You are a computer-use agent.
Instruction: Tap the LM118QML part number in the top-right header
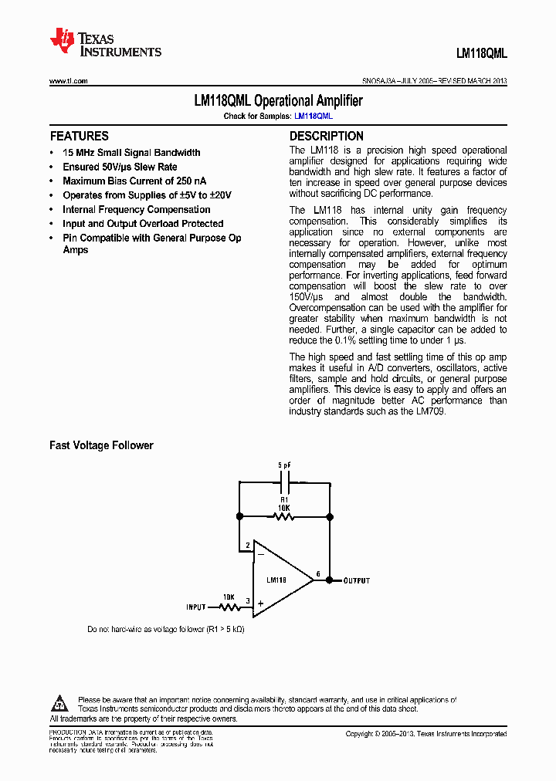tap(481, 53)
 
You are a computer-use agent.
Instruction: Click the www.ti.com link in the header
tap(69, 81)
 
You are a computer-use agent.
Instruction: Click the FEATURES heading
tap(79, 136)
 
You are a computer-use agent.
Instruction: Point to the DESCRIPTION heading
tap(326, 136)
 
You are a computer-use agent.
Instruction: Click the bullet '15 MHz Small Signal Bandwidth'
tap(131, 153)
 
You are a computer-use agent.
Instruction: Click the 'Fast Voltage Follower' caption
tap(101, 445)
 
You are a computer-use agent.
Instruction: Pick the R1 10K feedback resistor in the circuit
tap(284, 516)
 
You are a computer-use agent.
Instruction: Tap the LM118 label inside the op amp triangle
tap(276, 580)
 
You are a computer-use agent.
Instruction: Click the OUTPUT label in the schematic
tap(357, 580)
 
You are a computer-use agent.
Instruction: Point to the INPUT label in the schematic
tap(196, 607)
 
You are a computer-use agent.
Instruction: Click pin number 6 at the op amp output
tap(318, 574)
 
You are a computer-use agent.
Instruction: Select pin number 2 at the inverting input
tap(248, 546)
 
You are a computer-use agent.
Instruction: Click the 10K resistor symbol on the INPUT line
tap(229, 607)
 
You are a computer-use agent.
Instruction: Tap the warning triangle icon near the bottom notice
tap(60, 703)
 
